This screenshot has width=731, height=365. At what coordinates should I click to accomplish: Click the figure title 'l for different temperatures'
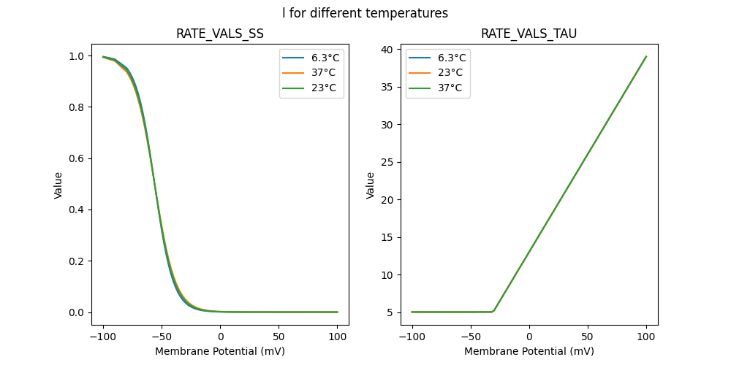(365, 13)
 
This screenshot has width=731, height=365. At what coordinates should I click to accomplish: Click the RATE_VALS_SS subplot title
(220, 34)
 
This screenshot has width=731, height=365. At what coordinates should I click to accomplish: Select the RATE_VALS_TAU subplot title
(529, 34)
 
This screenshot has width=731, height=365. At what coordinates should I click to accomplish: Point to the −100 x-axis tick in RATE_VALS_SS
(102, 337)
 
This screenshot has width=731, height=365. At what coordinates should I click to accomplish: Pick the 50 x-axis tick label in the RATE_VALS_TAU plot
(587, 337)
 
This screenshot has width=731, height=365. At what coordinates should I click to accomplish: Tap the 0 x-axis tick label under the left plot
(220, 337)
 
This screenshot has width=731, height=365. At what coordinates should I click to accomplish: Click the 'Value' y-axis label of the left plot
(58, 185)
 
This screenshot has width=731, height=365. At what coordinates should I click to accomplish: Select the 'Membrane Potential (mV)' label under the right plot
(529, 351)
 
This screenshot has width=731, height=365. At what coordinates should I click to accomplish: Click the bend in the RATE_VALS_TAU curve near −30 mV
(494, 311)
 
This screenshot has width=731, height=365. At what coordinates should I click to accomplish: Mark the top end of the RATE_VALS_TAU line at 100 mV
(646, 56)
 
